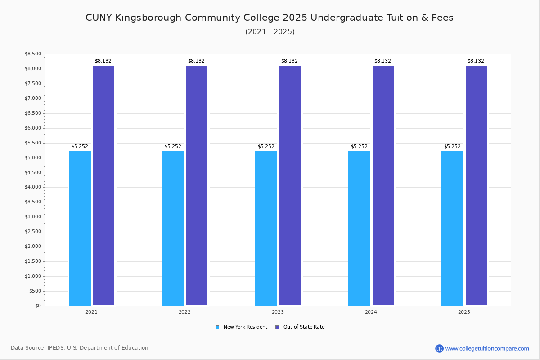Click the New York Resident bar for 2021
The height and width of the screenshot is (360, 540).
click(x=80, y=228)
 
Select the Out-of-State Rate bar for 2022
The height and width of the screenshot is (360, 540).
click(x=197, y=185)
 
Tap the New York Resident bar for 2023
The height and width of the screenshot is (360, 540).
click(x=266, y=228)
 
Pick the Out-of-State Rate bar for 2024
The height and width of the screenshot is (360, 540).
click(x=383, y=185)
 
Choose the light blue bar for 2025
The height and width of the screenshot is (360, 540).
click(x=452, y=228)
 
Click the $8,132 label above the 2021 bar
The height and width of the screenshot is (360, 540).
click(x=103, y=61)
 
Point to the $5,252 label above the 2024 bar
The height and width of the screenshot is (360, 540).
click(x=359, y=147)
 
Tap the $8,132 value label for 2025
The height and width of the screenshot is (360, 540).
click(x=476, y=61)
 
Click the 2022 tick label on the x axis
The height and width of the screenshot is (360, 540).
click(x=184, y=312)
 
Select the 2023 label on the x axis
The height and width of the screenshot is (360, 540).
click(x=278, y=312)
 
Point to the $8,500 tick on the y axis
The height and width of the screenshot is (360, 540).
click(x=33, y=54)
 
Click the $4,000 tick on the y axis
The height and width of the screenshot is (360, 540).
click(x=33, y=187)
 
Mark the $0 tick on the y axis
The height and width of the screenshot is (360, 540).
click(x=37, y=306)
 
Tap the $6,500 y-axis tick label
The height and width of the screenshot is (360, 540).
click(x=33, y=113)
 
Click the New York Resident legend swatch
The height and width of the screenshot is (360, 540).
click(x=217, y=327)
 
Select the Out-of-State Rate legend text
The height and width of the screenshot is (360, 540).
click(x=304, y=327)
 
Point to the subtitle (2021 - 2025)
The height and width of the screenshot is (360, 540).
click(x=270, y=32)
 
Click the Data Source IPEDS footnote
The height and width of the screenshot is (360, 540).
click(x=80, y=348)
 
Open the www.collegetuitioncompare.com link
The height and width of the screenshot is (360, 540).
click(x=487, y=348)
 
